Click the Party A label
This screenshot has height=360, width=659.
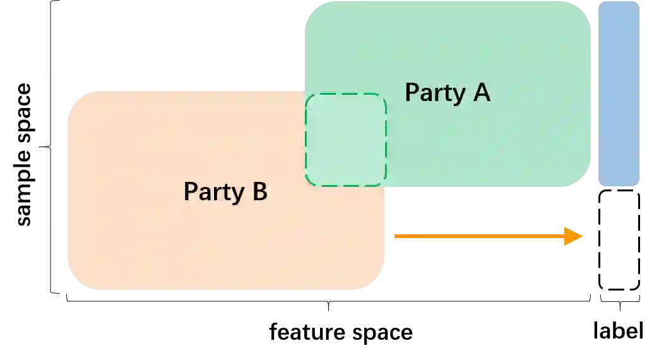click(447, 92)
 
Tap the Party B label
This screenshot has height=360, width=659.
click(225, 191)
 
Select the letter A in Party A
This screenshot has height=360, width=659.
click(481, 92)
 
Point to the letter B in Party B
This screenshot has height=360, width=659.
click(259, 191)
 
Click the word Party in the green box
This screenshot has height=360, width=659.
click(434, 93)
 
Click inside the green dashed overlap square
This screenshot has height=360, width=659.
click(346, 140)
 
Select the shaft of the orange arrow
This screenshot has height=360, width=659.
click(480, 236)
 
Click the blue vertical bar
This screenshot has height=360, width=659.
click(619, 93)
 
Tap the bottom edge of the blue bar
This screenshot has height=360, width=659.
click(619, 186)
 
